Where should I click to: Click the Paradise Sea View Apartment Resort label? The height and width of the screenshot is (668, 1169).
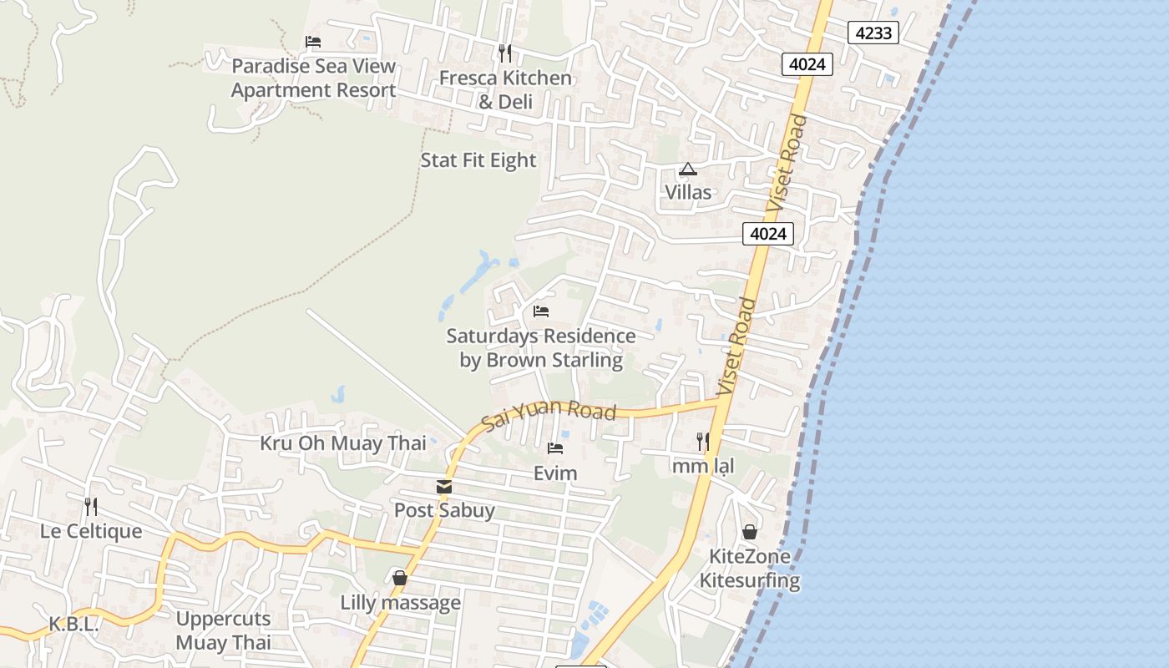313,78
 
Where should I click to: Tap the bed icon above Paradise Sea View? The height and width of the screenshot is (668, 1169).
313,42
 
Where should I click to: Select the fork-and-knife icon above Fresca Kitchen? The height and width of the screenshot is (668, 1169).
504,53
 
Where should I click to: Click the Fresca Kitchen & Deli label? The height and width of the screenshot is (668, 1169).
505,90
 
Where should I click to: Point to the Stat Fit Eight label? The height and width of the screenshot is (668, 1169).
478,160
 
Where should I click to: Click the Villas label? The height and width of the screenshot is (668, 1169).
688,193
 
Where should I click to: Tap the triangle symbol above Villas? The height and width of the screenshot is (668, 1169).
687,170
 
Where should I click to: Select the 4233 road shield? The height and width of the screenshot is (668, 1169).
873,33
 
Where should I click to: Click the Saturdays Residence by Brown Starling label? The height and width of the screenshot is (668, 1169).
541,348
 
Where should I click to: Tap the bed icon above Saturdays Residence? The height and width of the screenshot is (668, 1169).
541,311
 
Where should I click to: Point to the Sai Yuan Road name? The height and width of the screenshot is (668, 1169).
549,414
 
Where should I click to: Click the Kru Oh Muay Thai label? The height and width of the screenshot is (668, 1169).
342,443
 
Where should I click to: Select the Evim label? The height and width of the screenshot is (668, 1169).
555,473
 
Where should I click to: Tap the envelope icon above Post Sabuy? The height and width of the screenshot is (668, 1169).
444,486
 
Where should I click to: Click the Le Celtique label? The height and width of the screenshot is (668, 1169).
91,532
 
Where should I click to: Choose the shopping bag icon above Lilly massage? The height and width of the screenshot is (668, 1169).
400,578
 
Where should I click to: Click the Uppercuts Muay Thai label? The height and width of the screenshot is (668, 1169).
223,630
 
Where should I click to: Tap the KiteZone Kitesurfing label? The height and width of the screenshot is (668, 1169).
749,569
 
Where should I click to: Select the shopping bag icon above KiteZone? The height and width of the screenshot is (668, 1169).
750,532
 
